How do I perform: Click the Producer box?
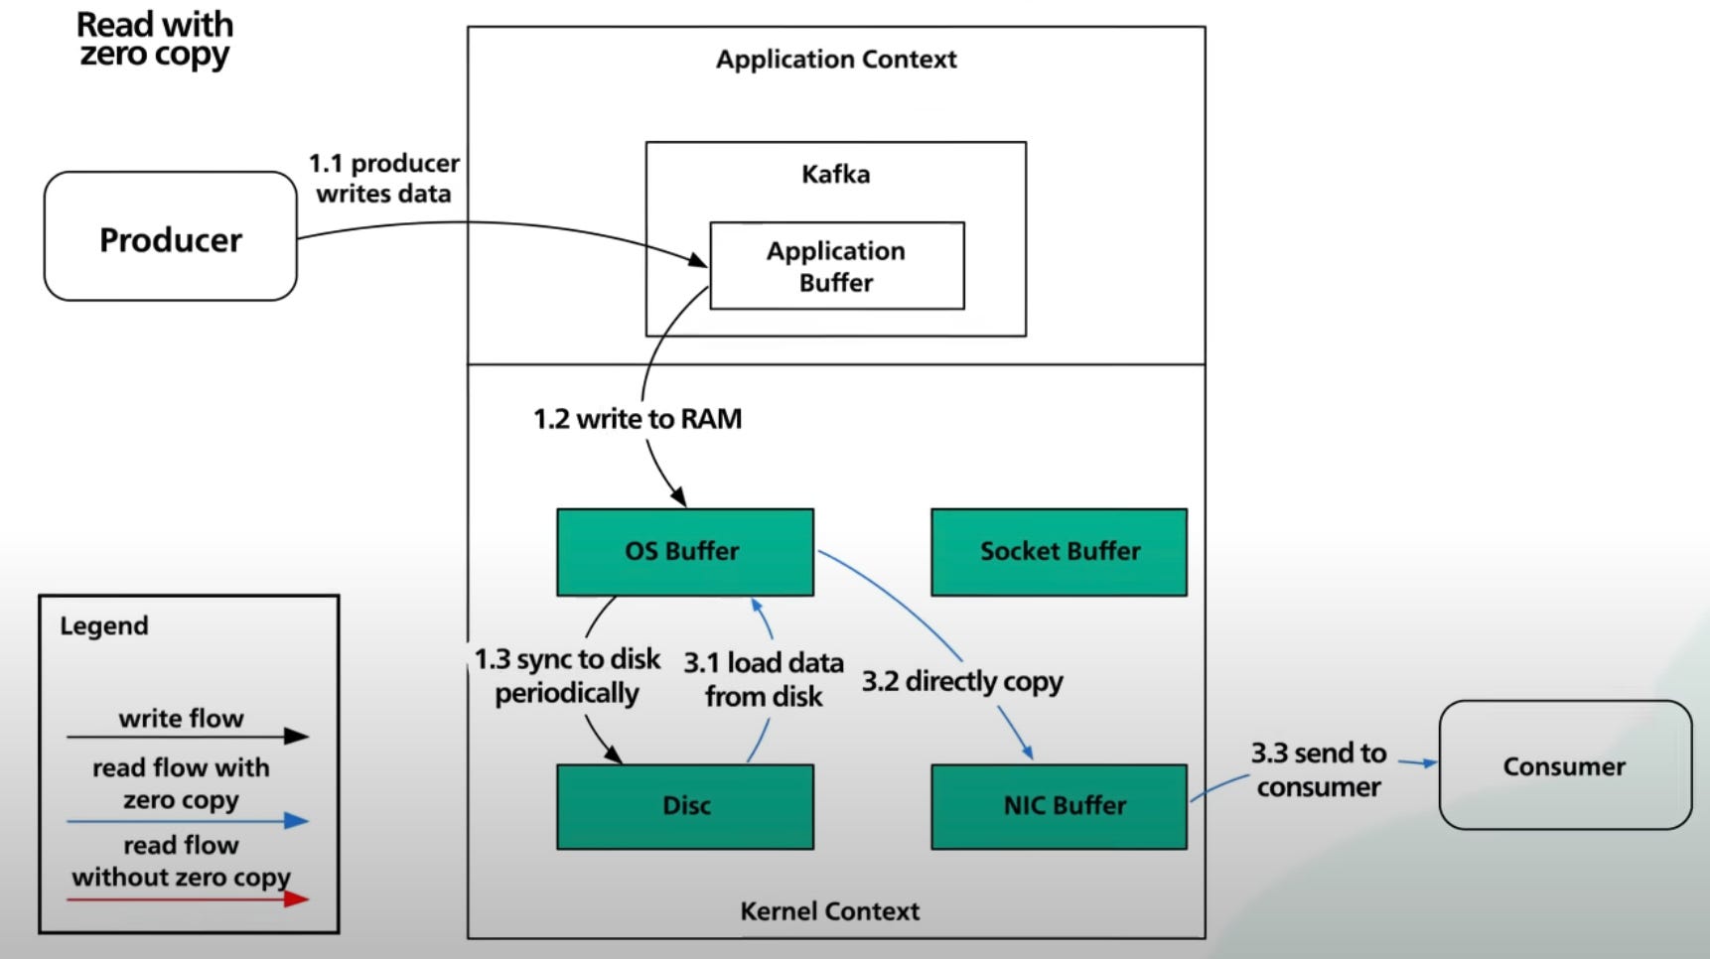(171, 237)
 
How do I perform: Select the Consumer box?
(1564, 765)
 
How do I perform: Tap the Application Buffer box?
(836, 266)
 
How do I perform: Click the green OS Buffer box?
(684, 552)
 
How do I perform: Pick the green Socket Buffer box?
(1059, 552)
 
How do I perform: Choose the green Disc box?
(684, 806)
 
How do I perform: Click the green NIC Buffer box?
(1059, 806)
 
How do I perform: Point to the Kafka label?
(835, 175)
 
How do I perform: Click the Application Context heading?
(836, 60)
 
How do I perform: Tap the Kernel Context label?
(829, 910)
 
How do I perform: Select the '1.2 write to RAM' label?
(638, 419)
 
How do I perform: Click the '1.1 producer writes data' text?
(383, 178)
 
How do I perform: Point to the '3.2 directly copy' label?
(961, 682)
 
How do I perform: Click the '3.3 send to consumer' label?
(1318, 769)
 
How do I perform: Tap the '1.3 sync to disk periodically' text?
(567, 675)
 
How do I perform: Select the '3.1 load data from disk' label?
(764, 679)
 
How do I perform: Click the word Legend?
(104, 626)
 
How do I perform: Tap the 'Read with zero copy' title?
(155, 39)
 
